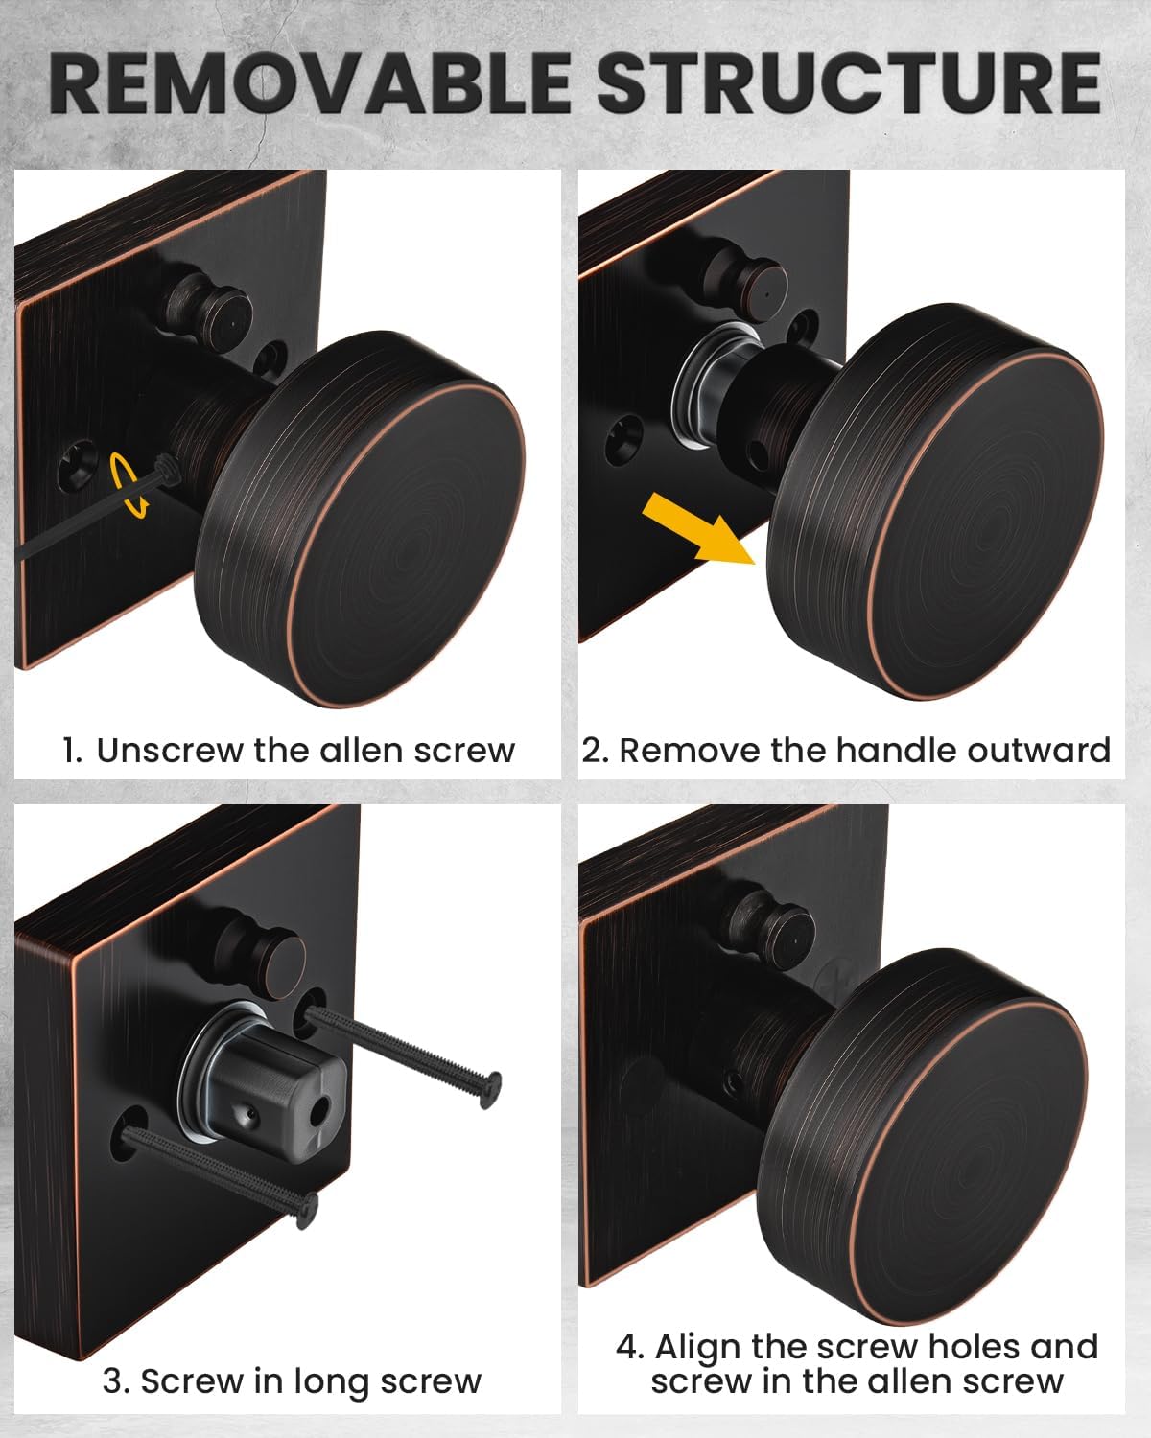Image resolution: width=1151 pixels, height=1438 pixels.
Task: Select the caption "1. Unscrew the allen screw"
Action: point(288,750)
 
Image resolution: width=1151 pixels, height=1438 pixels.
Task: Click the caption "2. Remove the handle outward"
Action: point(846,750)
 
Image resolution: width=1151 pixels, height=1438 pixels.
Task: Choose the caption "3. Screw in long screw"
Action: point(291,1381)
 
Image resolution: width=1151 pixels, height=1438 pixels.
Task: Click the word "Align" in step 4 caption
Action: point(698,1346)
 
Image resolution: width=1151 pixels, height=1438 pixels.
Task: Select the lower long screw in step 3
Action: point(221,1174)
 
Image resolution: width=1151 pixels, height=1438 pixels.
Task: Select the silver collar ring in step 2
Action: point(705,383)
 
